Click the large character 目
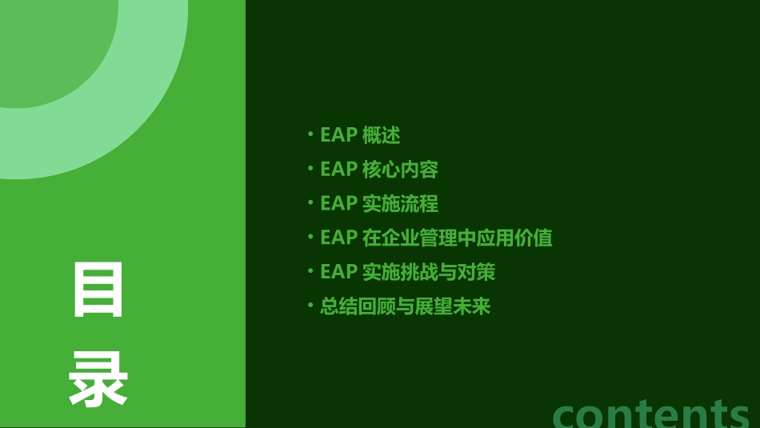(99, 290)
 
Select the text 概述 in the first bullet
(381, 135)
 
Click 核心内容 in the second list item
(400, 170)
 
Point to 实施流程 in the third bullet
(400, 203)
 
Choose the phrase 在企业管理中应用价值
(457, 238)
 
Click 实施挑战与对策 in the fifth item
(429, 272)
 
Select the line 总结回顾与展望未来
(405, 306)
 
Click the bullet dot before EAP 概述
(310, 134)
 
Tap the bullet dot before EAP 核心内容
(310, 168)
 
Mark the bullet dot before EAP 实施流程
(310, 202)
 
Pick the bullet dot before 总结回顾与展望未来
(310, 306)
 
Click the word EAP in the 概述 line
(338, 135)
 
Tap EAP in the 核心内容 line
(338, 170)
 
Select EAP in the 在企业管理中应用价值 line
(338, 238)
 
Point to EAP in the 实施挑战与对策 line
(338, 272)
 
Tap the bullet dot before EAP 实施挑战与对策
(310, 271)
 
